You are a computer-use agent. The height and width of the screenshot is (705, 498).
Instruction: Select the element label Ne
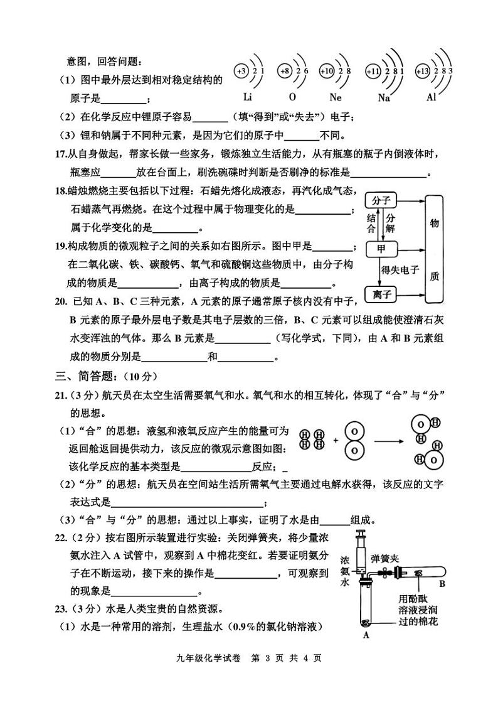tap(336, 97)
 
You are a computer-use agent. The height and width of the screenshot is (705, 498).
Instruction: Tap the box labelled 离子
tap(381, 294)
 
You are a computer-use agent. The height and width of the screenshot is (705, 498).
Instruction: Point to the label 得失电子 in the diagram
tap(400, 270)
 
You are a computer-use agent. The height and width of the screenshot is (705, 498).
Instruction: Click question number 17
tap(60, 154)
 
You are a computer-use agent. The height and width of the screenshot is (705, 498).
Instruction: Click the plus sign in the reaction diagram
tap(336, 441)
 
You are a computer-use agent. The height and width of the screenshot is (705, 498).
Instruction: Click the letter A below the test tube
tap(366, 635)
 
